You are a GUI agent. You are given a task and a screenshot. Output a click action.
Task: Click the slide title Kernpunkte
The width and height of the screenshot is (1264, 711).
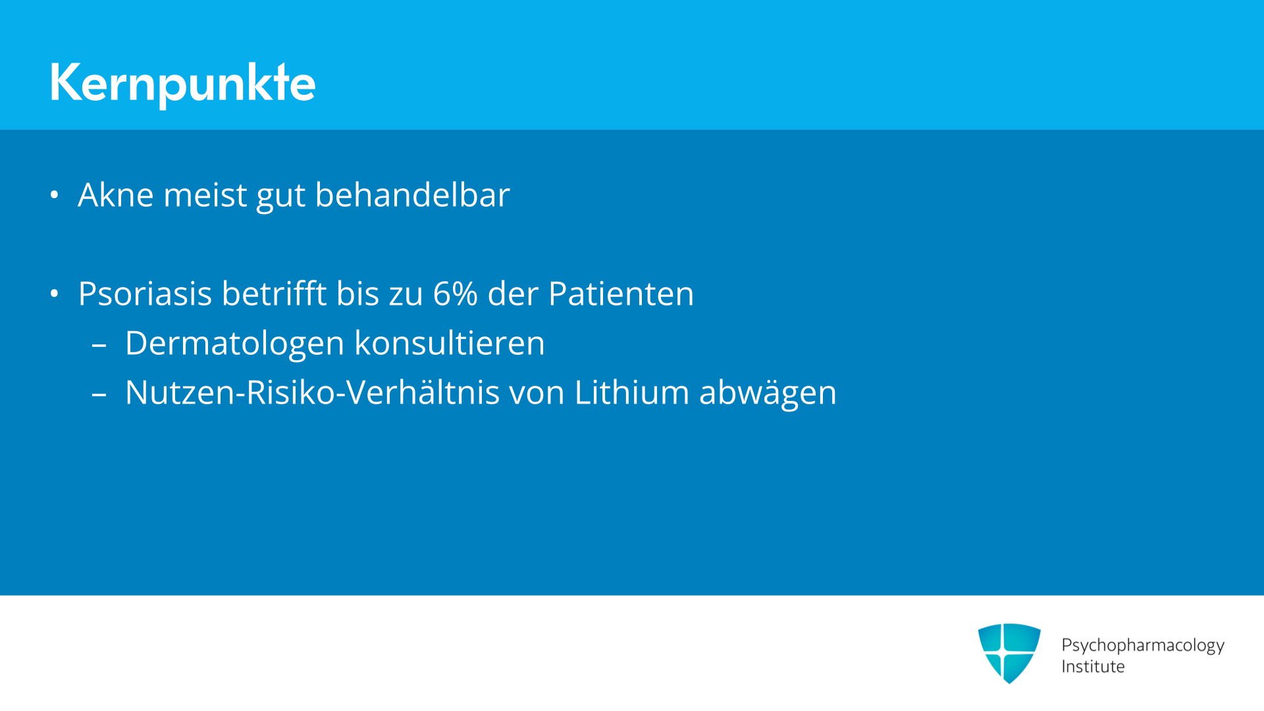pos(182,83)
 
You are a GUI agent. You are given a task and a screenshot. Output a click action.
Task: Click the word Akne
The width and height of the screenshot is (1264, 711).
pos(116,195)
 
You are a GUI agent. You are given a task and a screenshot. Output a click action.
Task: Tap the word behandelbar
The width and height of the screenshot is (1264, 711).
pos(412,195)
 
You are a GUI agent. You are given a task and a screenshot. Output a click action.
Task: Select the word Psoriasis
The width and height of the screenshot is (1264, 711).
pos(145,294)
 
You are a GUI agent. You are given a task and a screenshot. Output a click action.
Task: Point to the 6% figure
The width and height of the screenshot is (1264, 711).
pos(455,294)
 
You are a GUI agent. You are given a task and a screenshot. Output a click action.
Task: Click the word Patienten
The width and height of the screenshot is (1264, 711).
pos(621,294)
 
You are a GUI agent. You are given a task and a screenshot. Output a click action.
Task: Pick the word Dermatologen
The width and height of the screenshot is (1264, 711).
pos(234,344)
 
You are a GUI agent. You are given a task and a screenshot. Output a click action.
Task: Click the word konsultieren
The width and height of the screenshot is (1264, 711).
pos(450,343)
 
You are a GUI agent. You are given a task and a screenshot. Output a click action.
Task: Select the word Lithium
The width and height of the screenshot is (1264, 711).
pos(631,392)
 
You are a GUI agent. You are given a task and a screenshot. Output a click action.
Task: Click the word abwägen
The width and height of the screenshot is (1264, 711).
pos(768,393)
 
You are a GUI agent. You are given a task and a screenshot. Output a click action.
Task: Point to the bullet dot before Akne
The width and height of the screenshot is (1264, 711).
pos(55,195)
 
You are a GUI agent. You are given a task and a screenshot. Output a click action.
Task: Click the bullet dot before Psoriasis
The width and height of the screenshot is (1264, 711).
pos(55,294)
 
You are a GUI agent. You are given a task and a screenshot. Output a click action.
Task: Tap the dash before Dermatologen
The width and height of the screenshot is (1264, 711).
pos(99,345)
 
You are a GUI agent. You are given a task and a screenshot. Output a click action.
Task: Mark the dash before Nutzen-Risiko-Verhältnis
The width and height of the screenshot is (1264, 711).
pos(99,394)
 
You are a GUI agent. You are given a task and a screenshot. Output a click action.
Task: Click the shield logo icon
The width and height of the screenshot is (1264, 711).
pos(1009,653)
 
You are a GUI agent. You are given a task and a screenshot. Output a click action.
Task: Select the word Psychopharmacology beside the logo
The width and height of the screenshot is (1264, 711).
pos(1143,645)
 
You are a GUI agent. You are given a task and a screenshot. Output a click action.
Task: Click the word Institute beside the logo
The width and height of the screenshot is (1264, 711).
pos(1093,666)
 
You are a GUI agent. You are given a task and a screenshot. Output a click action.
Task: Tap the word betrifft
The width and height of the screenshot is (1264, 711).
pos(274,294)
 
